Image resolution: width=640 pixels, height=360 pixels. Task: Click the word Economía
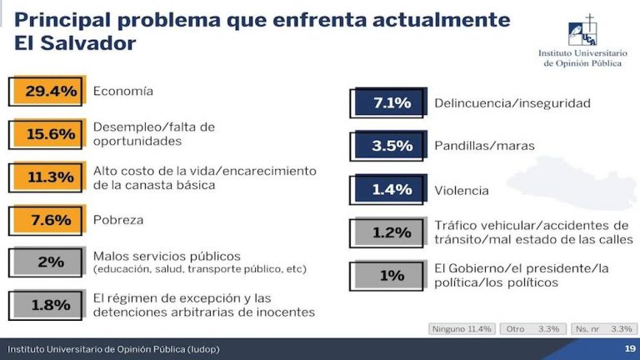123,90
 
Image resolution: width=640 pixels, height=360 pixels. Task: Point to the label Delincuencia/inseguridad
512,103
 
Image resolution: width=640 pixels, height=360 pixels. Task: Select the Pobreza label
118,220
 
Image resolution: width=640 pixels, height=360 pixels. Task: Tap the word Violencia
462,190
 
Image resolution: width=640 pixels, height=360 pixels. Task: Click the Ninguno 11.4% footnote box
462,328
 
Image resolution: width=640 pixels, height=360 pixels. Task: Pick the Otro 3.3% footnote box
532,328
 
